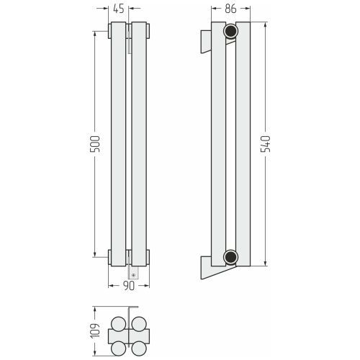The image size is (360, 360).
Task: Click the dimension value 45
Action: [119, 9]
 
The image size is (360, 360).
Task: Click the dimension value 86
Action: [230, 9]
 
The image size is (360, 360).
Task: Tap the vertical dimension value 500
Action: [94, 144]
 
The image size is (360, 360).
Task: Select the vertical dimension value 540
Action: [266, 144]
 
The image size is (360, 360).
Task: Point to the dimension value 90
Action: [129, 286]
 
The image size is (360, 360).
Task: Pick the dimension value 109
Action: [94, 330]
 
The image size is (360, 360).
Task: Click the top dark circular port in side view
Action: [230, 31]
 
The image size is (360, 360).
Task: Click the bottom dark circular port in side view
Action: [230, 257]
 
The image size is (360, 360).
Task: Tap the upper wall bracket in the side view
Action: [206, 41]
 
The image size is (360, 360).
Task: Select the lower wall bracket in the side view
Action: [211, 269]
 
